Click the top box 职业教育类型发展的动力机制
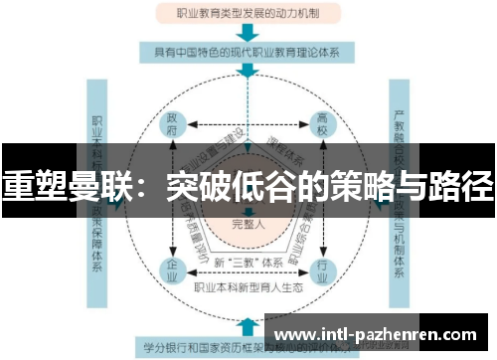point(248,12)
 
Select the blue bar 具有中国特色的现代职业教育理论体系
point(248,51)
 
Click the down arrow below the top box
point(248,31)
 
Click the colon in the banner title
point(133,184)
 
